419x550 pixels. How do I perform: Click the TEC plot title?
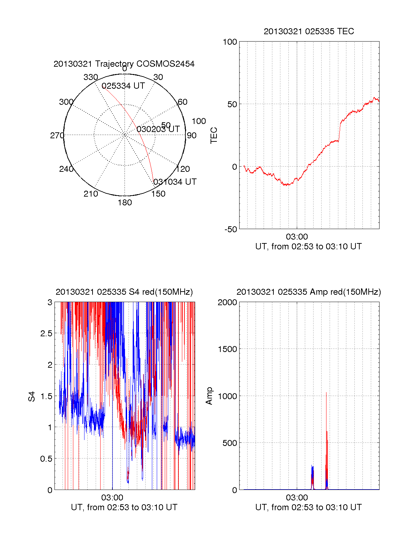309,31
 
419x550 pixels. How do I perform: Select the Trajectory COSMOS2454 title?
124,64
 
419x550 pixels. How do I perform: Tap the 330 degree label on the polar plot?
91,77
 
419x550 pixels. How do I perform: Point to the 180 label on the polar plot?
125,203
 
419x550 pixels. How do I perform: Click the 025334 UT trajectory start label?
123,86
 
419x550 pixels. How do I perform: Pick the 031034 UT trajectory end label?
175,182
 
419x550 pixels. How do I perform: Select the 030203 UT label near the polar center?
158,129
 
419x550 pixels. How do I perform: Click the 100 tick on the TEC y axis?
230,42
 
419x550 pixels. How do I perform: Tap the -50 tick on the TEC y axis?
230,229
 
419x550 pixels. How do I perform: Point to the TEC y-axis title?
214,135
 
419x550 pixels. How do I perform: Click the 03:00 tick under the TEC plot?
297,237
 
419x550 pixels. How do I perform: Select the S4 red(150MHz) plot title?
124,292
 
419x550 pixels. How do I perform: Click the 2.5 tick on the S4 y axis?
46,333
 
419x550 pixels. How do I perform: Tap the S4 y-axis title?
32,396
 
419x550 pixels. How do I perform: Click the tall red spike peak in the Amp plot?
326,393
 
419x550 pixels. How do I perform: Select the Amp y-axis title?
209,396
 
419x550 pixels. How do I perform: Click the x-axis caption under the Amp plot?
308,507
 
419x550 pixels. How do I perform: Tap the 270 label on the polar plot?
57,135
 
